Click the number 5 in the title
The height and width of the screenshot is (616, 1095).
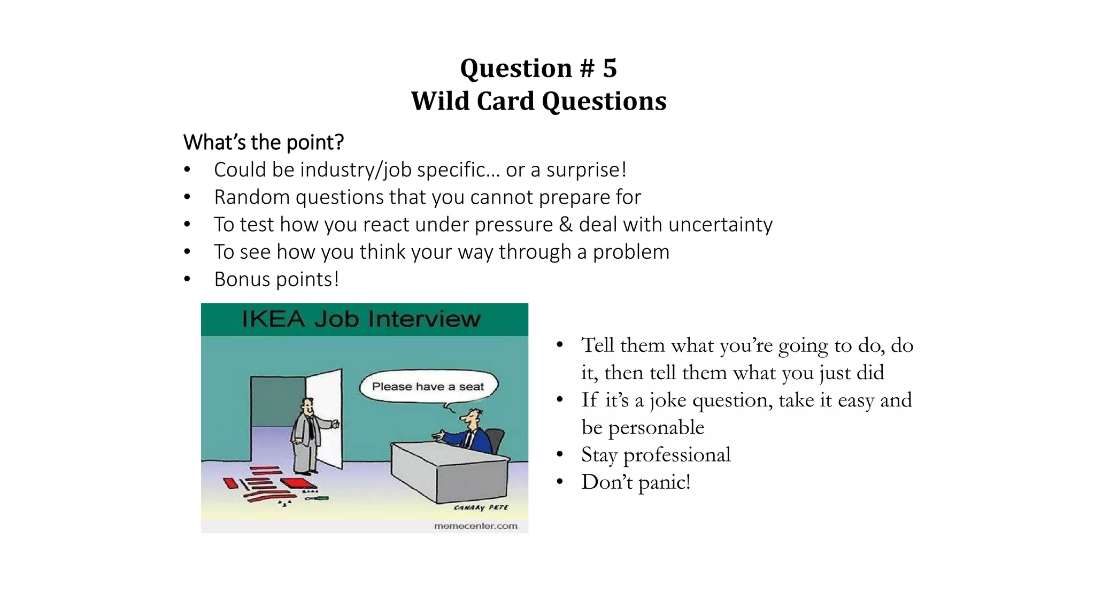pos(610,68)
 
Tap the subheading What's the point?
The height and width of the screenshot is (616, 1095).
pos(263,143)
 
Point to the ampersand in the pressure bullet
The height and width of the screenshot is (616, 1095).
pos(566,225)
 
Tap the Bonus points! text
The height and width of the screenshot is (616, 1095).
pos(276,279)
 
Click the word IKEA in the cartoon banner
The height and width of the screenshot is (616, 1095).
pos(273,319)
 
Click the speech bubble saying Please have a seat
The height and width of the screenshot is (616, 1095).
pos(428,387)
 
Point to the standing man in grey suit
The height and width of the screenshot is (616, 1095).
pos(306,436)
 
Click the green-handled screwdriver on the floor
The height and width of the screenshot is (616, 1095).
pos(318,498)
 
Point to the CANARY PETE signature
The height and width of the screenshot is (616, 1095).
pos(481,507)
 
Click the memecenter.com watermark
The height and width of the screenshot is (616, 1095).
pos(475,526)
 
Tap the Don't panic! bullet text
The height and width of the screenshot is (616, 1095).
pos(636,482)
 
